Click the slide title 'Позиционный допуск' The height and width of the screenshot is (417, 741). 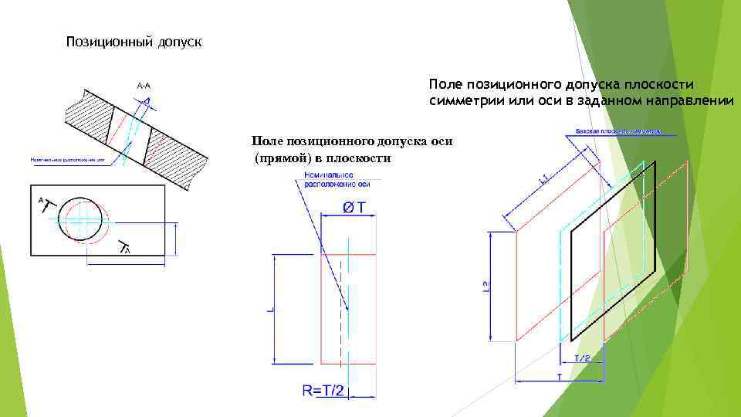[134, 42]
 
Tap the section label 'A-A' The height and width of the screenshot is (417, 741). [144, 86]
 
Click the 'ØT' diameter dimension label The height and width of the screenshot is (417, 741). [354, 207]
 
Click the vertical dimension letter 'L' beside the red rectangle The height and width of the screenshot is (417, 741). [269, 308]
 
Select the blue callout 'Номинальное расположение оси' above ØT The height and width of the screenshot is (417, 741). [327, 179]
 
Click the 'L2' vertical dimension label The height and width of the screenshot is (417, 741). [485, 286]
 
